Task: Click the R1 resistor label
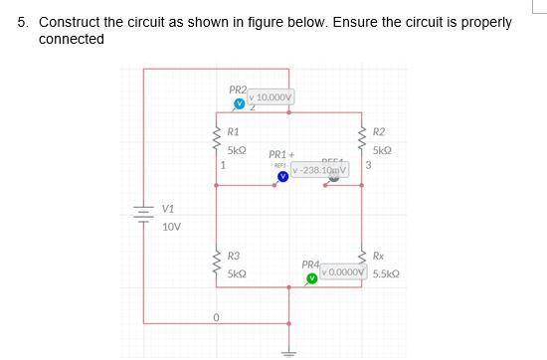click(x=233, y=131)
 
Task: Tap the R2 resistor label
click(x=379, y=131)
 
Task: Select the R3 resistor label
click(x=233, y=256)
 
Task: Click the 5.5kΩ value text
click(x=386, y=273)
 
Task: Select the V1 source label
click(x=168, y=210)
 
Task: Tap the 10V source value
click(x=171, y=227)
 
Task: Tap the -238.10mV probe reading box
click(x=319, y=171)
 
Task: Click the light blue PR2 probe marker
click(x=239, y=103)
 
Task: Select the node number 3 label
click(x=368, y=166)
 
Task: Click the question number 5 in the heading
click(x=22, y=22)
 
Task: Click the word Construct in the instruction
click(x=69, y=22)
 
